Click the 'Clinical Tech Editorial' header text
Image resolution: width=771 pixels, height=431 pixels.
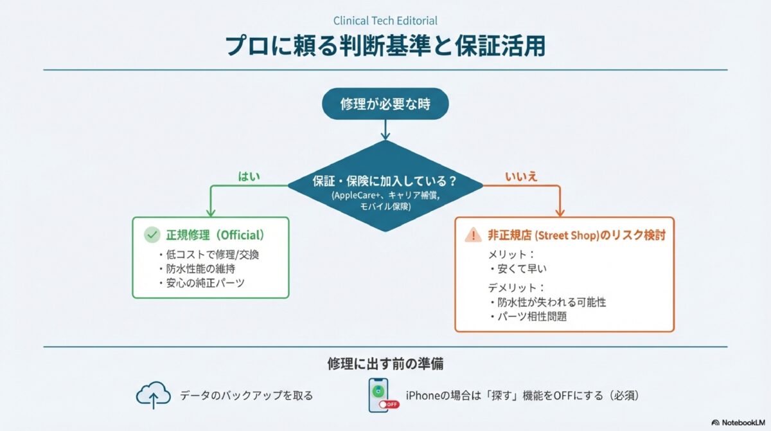click(x=385, y=21)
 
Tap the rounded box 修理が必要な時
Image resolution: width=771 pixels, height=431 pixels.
click(x=385, y=103)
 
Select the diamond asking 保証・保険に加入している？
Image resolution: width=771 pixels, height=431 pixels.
click(x=385, y=186)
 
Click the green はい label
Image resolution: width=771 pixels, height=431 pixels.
click(x=249, y=176)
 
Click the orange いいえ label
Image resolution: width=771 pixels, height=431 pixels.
click(x=521, y=176)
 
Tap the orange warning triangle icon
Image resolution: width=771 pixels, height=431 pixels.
click(x=474, y=235)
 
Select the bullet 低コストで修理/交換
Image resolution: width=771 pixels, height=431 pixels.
click(x=209, y=254)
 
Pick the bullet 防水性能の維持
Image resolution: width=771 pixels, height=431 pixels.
click(x=196, y=269)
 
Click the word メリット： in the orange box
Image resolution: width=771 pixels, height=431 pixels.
click(x=511, y=254)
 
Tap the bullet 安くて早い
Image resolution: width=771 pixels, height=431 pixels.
click(x=520, y=269)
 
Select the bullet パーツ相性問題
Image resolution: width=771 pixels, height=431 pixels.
click(x=528, y=316)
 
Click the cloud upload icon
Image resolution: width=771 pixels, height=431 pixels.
click(x=153, y=394)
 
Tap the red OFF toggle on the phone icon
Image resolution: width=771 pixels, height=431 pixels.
click(x=389, y=404)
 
